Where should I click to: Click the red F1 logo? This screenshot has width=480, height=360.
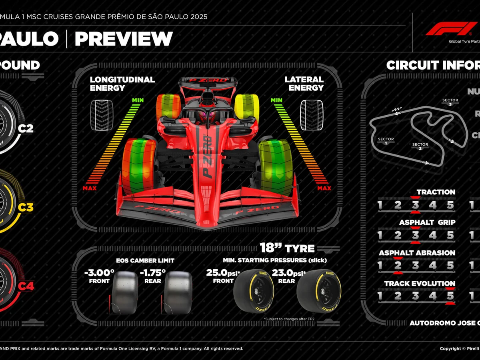[451, 29]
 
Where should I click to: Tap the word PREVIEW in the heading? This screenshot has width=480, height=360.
[124, 39]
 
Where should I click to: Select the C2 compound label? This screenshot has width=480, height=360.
[26, 128]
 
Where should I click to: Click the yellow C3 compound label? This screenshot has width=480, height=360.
[26, 207]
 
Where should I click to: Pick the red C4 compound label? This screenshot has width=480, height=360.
[26, 286]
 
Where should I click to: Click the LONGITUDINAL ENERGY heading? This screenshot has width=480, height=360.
[122, 84]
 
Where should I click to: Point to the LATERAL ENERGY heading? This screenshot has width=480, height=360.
[304, 84]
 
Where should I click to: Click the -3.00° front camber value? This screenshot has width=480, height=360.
[99, 273]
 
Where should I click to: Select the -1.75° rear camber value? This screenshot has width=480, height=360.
[152, 273]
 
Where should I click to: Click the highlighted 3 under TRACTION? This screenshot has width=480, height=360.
[415, 205]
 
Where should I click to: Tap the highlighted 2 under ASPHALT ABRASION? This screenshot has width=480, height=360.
[398, 266]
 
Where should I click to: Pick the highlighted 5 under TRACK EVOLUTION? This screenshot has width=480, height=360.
[450, 296]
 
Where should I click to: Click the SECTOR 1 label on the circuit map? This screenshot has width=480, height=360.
[386, 141]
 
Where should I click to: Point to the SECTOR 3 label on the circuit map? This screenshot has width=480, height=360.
[450, 102]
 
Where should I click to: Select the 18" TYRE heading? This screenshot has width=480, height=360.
[287, 248]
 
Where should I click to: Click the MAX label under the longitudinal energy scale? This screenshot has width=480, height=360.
[90, 188]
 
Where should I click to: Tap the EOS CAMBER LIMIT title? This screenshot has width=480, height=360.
[145, 260]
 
